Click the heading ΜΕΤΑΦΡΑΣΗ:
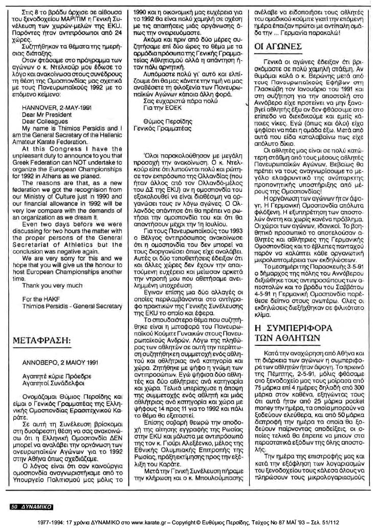coord(48,341)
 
